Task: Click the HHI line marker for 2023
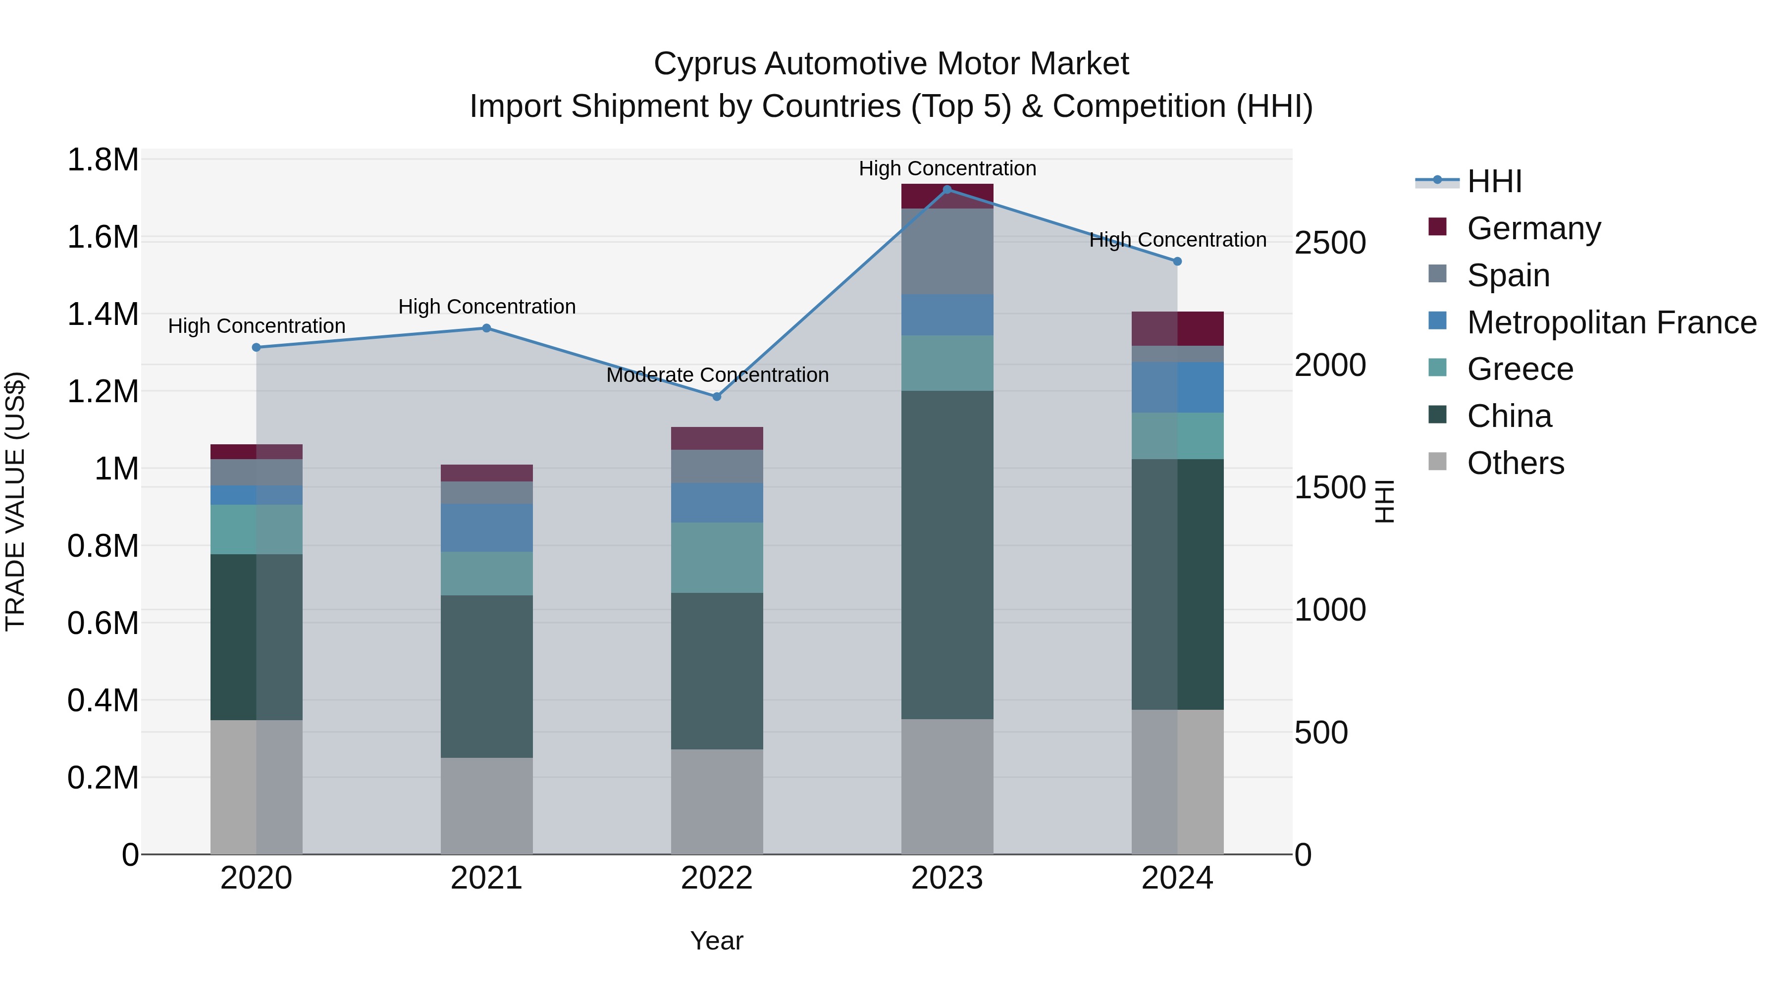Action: tap(947, 189)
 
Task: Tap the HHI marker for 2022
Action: tap(716, 397)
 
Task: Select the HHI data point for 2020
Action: tap(256, 348)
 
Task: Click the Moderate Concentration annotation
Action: tap(717, 375)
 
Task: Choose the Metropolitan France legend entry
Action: tap(1611, 322)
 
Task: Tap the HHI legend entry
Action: tap(1494, 181)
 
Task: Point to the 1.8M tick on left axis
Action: tap(103, 160)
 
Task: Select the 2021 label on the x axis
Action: tap(486, 878)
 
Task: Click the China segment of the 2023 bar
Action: tap(947, 554)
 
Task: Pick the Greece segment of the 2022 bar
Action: tap(716, 557)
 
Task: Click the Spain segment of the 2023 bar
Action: tap(947, 251)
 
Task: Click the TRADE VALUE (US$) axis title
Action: tap(15, 501)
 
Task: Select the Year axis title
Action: tap(716, 941)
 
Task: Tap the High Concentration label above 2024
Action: tap(1177, 240)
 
